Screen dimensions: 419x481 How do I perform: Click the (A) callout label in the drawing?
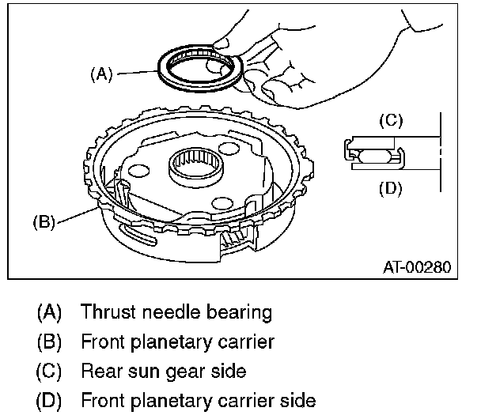point(101,74)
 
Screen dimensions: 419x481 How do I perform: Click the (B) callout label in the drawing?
point(44,222)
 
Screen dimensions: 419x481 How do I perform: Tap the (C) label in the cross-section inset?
point(390,121)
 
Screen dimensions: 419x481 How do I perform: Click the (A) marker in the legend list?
point(50,312)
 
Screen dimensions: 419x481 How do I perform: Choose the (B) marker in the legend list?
point(50,342)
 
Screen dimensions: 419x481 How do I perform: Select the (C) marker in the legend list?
point(50,371)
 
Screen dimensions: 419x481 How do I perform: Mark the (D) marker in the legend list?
point(50,400)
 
